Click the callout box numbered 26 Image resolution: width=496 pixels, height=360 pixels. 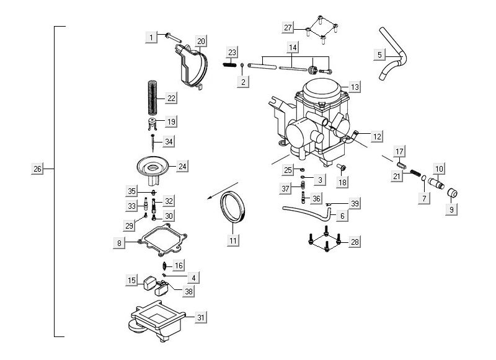coord(37,169)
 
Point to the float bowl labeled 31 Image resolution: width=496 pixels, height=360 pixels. coord(158,318)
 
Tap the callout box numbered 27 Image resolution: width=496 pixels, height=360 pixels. coord(288,28)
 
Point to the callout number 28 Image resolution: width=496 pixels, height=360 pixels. coord(355,241)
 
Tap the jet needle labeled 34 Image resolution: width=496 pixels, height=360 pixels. coord(152,142)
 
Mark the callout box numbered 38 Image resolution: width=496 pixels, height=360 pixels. coord(188,290)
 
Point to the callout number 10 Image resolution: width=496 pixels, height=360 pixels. coord(439,169)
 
